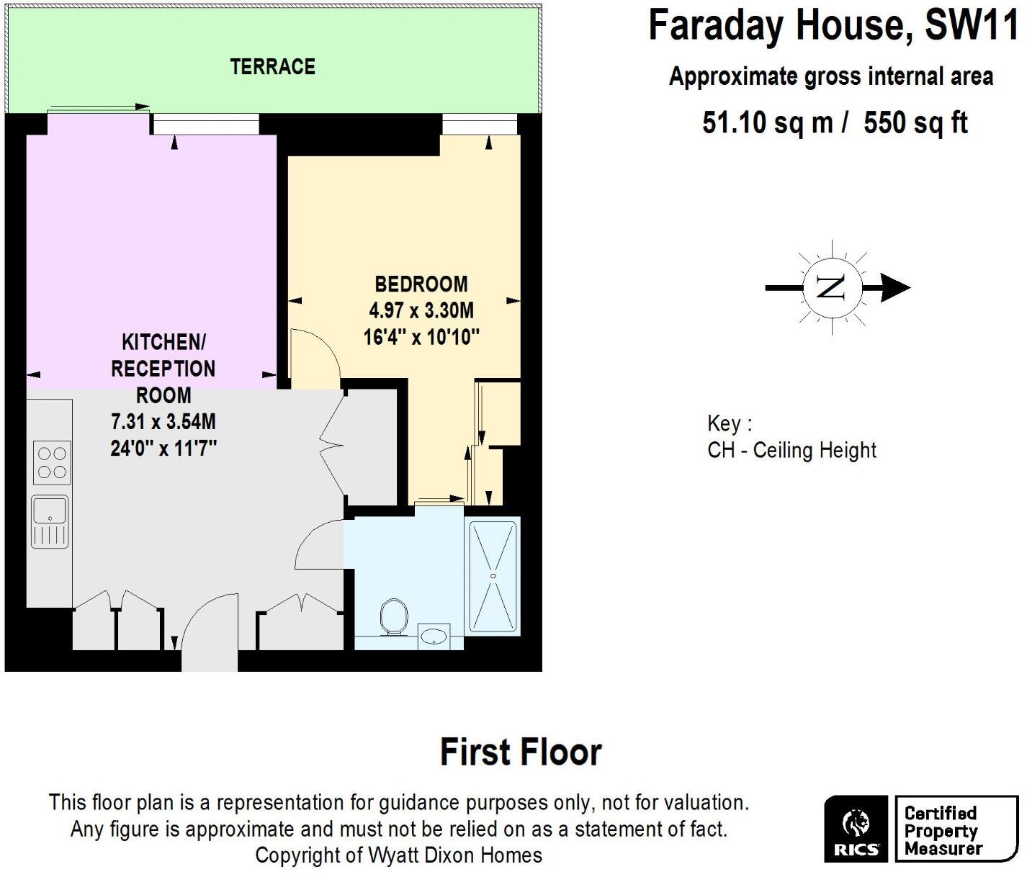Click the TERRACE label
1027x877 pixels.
(272, 67)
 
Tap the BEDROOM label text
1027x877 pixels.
(421, 284)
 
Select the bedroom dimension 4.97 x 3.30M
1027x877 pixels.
(421, 310)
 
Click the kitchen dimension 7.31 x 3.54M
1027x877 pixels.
(163, 421)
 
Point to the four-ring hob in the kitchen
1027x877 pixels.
(52, 462)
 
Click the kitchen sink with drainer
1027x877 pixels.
(50, 521)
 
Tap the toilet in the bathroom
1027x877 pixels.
(393, 616)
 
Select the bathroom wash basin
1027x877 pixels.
(434, 637)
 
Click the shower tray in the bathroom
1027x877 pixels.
(493, 576)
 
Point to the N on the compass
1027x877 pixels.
(831, 288)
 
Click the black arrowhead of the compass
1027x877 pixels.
(895, 288)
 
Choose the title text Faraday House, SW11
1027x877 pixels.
(833, 25)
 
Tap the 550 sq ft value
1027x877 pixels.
(915, 123)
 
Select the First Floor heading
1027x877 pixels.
(520, 752)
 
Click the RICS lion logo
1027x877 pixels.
(856, 822)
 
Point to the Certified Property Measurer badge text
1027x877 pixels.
(943, 831)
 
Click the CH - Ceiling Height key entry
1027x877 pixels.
(791, 451)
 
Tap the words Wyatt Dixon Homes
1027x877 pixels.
(455, 855)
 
